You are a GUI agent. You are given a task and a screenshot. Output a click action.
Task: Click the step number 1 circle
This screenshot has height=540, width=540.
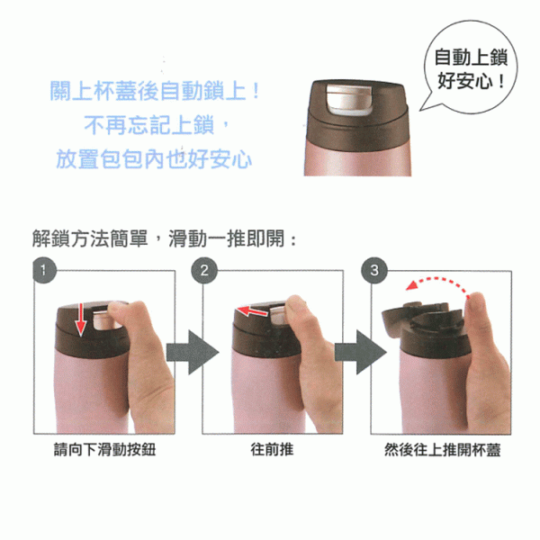coord(44,270)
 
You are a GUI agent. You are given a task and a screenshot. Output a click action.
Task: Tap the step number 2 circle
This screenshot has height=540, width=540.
coord(204,270)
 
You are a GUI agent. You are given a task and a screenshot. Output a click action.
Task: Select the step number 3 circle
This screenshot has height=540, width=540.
coord(374,270)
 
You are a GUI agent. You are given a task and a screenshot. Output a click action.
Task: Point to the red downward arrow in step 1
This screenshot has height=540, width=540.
coord(81,319)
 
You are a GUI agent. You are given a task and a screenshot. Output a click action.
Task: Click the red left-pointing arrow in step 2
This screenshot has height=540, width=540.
coord(252,311)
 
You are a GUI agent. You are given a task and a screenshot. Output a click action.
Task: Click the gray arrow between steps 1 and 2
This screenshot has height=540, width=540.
coord(193,352)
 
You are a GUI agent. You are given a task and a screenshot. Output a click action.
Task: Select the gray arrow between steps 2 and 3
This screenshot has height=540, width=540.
coord(361,352)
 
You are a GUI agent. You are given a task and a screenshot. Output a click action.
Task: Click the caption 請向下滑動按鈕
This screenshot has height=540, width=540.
coord(104,450)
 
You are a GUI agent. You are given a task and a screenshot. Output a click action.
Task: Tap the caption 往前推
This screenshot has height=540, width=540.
coord(272,450)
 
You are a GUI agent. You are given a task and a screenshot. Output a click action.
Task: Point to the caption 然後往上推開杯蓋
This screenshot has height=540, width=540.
coord(442,450)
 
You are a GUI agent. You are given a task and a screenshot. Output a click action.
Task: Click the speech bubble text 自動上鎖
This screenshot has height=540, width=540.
coord(471,58)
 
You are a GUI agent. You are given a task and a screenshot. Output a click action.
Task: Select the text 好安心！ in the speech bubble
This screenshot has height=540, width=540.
coord(471,82)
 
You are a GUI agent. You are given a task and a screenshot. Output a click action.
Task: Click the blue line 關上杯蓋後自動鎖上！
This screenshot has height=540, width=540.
coord(155,91)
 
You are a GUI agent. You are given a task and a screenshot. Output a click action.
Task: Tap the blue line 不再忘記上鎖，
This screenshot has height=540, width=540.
coord(156,125)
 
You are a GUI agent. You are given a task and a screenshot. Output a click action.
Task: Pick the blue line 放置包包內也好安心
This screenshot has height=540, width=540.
coord(154,159)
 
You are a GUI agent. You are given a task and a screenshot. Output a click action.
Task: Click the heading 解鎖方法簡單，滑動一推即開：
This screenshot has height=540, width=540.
coord(164,238)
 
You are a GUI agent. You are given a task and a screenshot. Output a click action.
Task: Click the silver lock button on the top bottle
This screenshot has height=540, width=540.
coord(349,99)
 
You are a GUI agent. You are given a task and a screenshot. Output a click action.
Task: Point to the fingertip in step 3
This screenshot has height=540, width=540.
coord(477,301)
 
